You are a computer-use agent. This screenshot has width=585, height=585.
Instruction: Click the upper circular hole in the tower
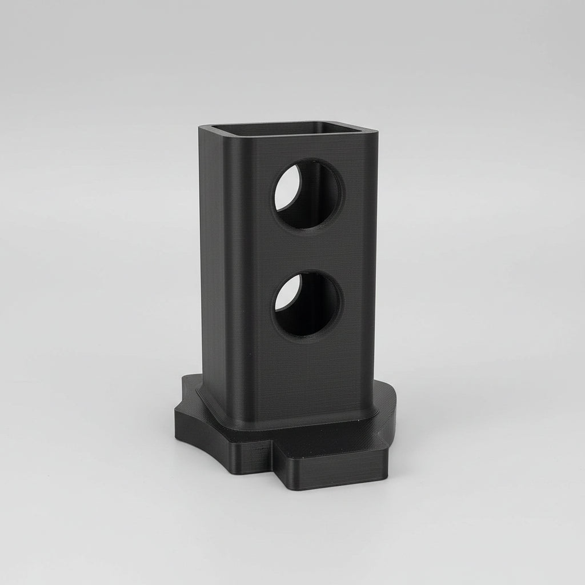(x=308, y=194)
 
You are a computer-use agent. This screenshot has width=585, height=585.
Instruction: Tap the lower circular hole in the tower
(x=307, y=304)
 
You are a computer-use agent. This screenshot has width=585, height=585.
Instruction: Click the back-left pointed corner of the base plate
(x=186, y=379)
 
